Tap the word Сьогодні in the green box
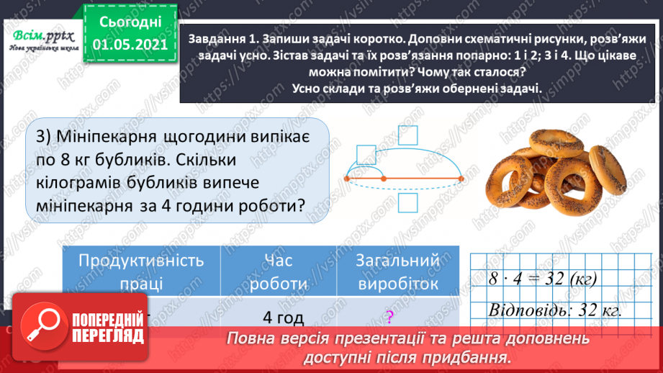click(x=130, y=22)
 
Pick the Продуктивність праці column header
click(x=140, y=272)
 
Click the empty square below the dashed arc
click(x=409, y=205)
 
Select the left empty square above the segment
click(x=366, y=156)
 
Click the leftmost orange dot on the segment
click(x=347, y=178)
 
